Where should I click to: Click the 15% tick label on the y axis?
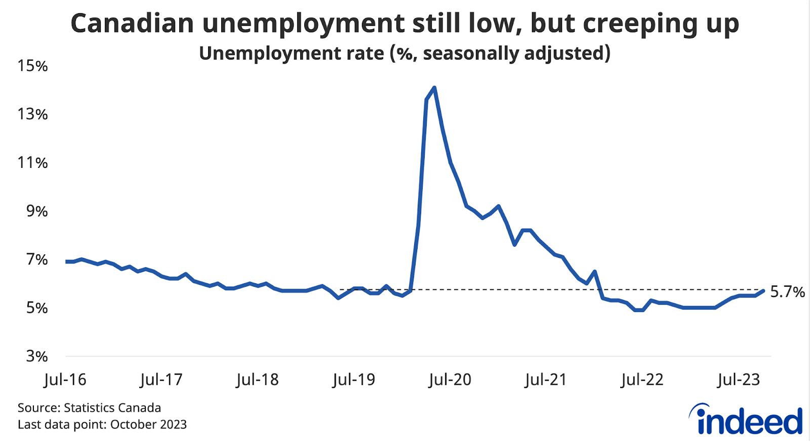tap(32, 66)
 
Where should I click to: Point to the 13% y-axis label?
tap(32, 114)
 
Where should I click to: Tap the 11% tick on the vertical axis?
tap(32, 163)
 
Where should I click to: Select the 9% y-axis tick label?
tap(36, 211)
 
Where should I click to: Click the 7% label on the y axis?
tap(36, 259)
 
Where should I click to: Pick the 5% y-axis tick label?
tap(36, 308)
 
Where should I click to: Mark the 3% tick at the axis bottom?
tap(36, 357)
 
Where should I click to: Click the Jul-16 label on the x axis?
tap(65, 379)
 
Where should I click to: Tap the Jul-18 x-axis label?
tap(257, 379)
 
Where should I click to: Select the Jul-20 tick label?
tap(450, 379)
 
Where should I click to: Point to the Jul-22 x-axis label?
tap(642, 379)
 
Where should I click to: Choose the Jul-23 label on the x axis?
tap(738, 379)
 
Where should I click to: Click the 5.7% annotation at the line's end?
tap(787, 292)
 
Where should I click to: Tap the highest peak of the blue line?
tap(434, 88)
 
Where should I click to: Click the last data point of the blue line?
tap(763, 290)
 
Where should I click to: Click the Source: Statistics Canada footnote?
tap(89, 408)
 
